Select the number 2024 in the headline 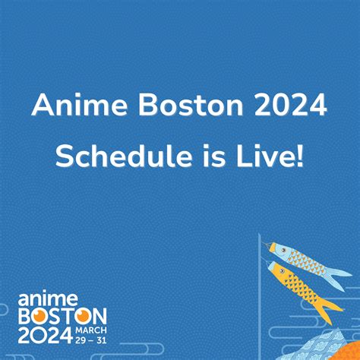tap(290, 105)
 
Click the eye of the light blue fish tap(284, 251)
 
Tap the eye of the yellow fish tap(282, 272)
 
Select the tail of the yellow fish tap(329, 310)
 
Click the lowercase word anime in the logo tap(48, 298)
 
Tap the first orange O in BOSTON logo tap(40, 316)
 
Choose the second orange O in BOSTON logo tap(82, 316)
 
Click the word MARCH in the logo tap(91, 330)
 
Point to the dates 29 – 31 tap(91, 340)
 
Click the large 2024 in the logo tap(46, 335)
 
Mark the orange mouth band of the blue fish tap(273, 247)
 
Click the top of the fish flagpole tap(259, 234)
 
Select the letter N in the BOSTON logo tap(99, 316)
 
